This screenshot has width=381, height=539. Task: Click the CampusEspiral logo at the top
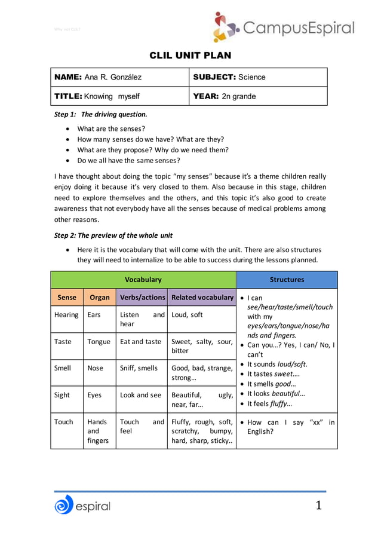tap(284, 27)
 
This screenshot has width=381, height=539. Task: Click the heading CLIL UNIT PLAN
tap(190, 56)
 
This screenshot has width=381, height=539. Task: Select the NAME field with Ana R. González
tap(98, 77)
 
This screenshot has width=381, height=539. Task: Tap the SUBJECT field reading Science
tap(229, 77)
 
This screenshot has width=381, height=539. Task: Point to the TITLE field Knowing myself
tap(97, 96)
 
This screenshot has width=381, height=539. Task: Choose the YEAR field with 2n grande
tap(225, 96)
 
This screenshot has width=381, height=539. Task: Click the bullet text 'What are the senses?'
tap(111, 128)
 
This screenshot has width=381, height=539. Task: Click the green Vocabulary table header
tap(143, 280)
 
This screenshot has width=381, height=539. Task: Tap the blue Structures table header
tap(287, 280)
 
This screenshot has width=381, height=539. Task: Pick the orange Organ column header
tap(99, 297)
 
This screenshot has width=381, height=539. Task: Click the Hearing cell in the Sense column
tap(66, 315)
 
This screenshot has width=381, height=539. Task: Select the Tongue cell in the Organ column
tap(99, 342)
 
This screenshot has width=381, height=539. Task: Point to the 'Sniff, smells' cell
tap(139, 368)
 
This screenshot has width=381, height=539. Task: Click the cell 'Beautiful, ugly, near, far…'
tap(202, 400)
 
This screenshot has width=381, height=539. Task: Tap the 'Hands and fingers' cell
tap(99, 431)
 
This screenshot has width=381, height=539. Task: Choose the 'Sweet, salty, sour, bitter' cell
tap(202, 346)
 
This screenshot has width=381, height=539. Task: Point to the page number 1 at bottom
tap(318, 506)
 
